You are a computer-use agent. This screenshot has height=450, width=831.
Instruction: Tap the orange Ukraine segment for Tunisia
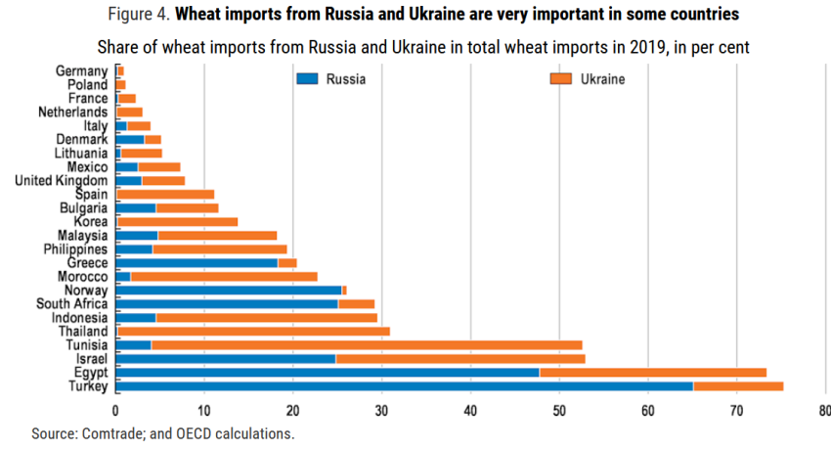tap(367, 344)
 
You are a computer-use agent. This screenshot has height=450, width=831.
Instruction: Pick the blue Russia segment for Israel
tap(226, 359)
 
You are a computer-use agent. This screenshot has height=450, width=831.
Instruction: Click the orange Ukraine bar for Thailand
tap(255, 331)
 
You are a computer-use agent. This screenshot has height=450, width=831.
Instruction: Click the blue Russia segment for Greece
tap(197, 262)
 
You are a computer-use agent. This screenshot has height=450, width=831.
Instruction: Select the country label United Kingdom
tap(61, 181)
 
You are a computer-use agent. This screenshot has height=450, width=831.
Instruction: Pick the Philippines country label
tap(74, 249)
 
